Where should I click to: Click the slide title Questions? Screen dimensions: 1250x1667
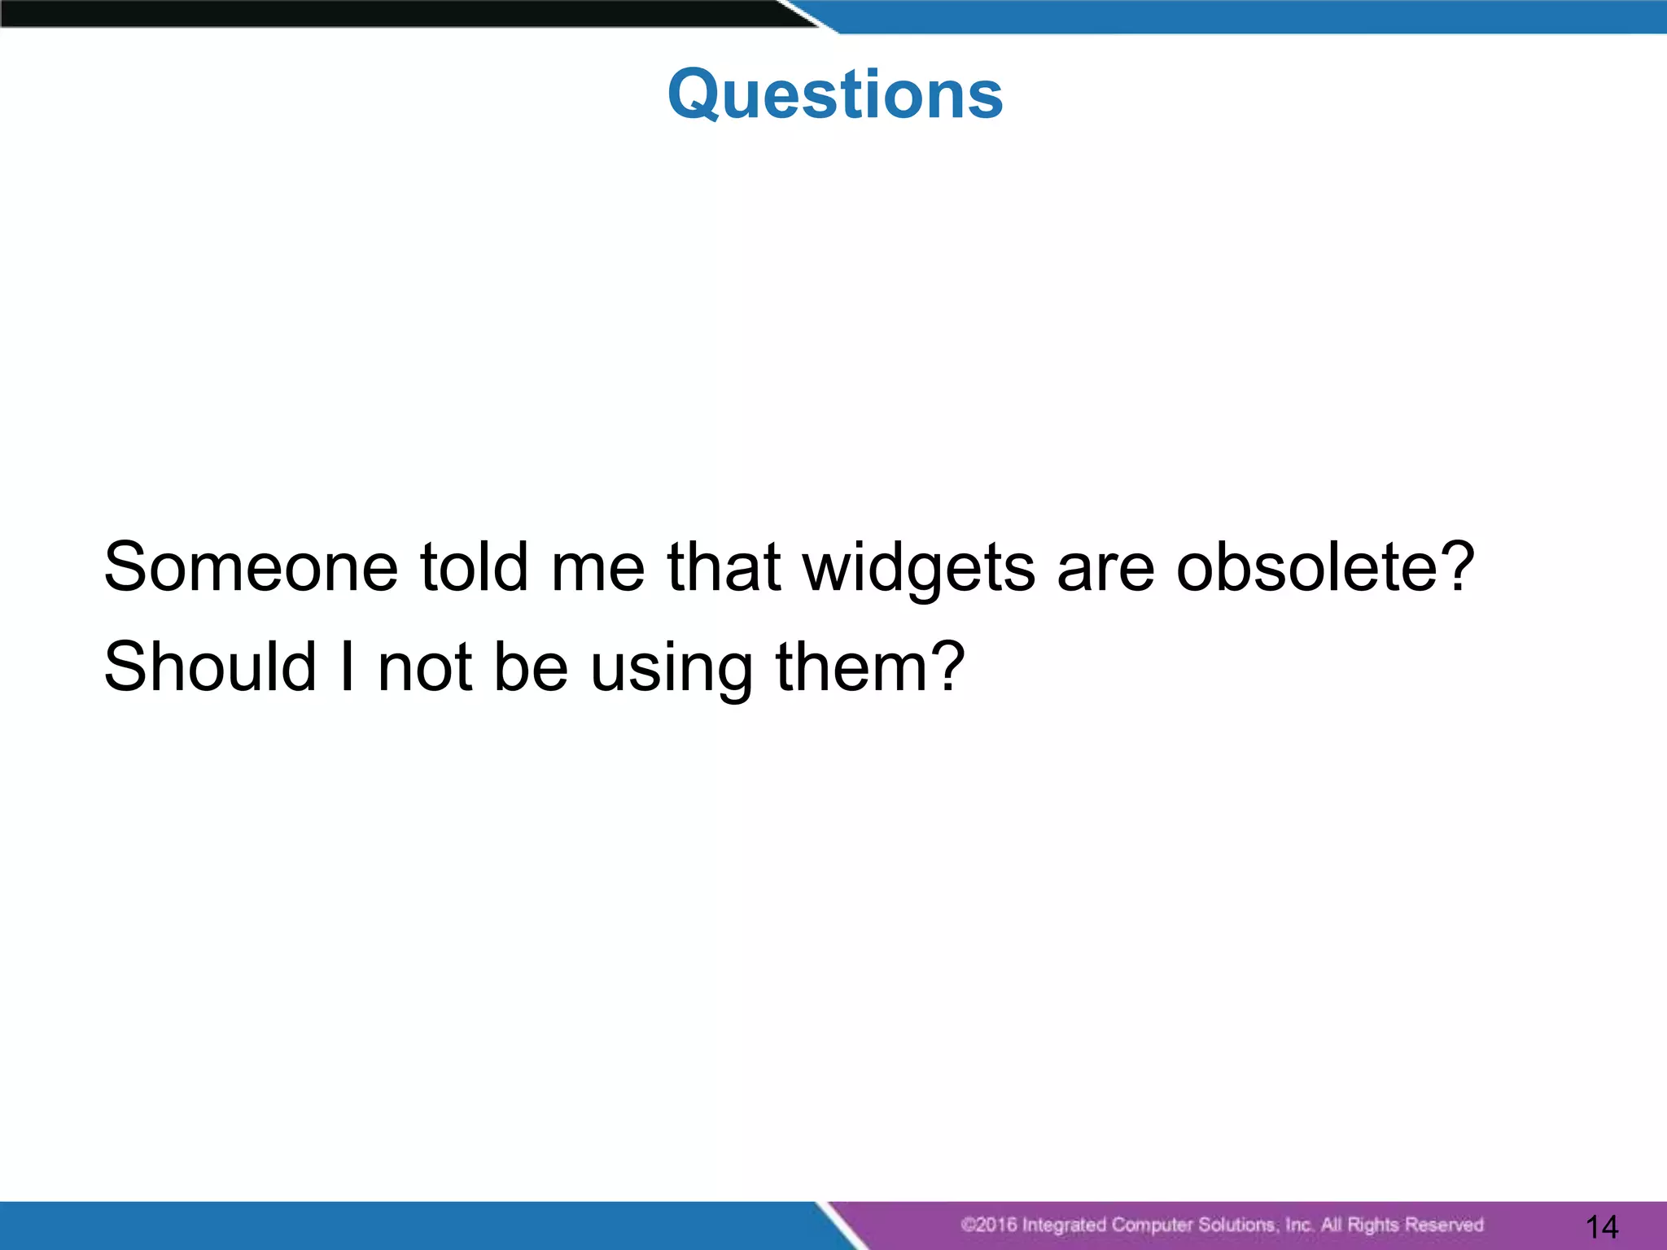pyautogui.click(x=835, y=94)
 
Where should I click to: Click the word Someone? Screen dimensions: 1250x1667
pyautogui.click(x=251, y=567)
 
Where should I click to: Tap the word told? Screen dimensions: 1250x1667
pyautogui.click(x=474, y=567)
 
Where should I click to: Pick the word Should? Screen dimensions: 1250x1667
pyautogui.click(x=210, y=667)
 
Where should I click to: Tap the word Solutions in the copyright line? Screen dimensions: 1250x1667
pyautogui.click(x=1236, y=1225)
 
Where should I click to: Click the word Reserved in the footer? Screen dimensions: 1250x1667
pyautogui.click(x=1444, y=1225)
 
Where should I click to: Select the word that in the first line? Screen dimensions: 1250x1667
pyautogui.click(x=724, y=567)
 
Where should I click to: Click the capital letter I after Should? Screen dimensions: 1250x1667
pyautogui.click(x=348, y=667)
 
